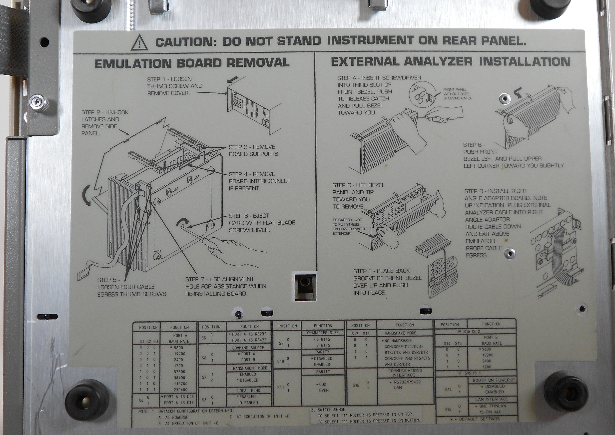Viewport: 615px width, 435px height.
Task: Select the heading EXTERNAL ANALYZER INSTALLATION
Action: click(451, 62)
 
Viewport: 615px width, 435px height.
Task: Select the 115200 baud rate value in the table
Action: click(181, 384)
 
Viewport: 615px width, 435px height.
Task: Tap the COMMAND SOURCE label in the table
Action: click(248, 348)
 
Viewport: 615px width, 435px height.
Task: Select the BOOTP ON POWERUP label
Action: click(494, 380)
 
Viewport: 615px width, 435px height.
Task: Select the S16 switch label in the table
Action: click(356, 385)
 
